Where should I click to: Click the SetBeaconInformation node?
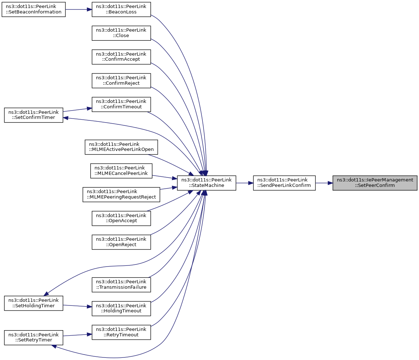33,9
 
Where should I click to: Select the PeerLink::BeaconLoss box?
121,9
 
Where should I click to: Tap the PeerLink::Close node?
121,33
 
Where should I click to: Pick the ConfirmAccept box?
121,57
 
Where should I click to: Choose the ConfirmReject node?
121,80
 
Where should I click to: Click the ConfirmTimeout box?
121,104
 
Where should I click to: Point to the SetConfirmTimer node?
33,115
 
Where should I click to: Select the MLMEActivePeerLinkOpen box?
121,147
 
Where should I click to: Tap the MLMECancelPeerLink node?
121,171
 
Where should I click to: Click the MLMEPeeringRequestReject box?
121,194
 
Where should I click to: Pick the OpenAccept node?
121,218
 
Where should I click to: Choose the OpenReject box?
121,241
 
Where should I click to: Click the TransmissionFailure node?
121,284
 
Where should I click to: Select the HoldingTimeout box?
121,308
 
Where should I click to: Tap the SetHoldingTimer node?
33,303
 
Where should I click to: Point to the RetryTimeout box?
121,332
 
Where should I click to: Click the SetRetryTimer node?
33,337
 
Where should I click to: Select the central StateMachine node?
206,183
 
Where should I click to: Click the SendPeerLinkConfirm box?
284,183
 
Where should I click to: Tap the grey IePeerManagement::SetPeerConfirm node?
375,183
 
